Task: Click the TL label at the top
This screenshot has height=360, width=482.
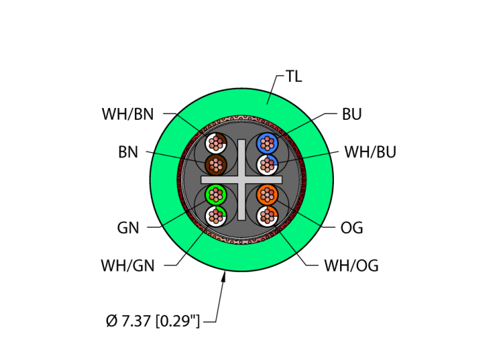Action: click(293, 77)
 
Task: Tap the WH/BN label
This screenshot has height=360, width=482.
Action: click(128, 114)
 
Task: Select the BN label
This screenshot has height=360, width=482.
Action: click(128, 152)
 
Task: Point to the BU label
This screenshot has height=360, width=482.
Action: click(352, 114)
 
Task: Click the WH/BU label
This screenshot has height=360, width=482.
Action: click(370, 152)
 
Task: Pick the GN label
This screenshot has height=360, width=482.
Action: click(128, 228)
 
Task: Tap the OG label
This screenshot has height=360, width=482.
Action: click(352, 228)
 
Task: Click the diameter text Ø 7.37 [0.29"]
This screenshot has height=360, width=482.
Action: click(153, 321)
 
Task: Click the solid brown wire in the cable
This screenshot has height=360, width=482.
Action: click(216, 165)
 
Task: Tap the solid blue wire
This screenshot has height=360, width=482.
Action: click(266, 143)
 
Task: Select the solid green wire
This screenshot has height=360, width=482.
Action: click(216, 194)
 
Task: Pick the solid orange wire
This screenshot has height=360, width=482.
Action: click(266, 194)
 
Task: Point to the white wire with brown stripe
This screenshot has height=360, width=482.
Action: click(216, 143)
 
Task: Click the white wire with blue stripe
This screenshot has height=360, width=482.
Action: click(266, 165)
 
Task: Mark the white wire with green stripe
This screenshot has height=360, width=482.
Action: click(216, 215)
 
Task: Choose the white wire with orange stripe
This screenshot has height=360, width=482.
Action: click(266, 215)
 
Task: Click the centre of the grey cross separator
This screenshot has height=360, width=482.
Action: click(242, 180)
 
